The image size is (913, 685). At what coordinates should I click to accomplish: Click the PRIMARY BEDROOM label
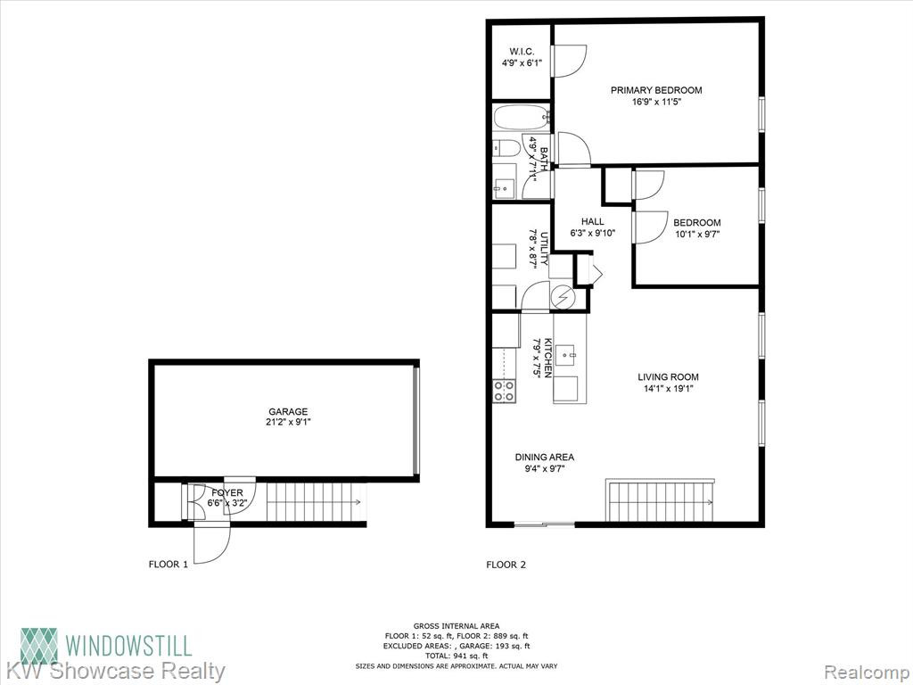[x=655, y=90]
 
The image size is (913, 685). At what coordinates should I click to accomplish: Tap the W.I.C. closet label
[x=522, y=52]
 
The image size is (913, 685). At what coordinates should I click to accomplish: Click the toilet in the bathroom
[x=506, y=148]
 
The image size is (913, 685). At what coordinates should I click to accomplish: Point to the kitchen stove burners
[x=505, y=391]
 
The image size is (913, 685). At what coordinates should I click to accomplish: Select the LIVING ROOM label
[x=668, y=377]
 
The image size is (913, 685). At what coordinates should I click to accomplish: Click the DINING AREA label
[x=545, y=458]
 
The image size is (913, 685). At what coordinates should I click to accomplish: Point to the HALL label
[x=592, y=222]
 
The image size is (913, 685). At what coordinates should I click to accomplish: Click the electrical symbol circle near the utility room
[x=563, y=298]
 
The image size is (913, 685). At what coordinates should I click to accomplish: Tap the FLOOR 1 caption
[x=169, y=565]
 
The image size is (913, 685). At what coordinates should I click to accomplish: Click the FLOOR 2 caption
[x=506, y=565]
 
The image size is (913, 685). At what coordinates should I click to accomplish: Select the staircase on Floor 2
[x=661, y=500]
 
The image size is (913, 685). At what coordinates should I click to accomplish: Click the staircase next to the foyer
[x=317, y=502]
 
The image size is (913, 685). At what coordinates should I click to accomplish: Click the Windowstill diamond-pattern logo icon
[x=39, y=646]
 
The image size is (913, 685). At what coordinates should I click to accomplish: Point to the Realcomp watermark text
[x=865, y=671]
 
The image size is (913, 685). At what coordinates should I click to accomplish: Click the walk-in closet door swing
[x=571, y=61]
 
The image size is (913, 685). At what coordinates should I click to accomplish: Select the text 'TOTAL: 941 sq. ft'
[x=456, y=656]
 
